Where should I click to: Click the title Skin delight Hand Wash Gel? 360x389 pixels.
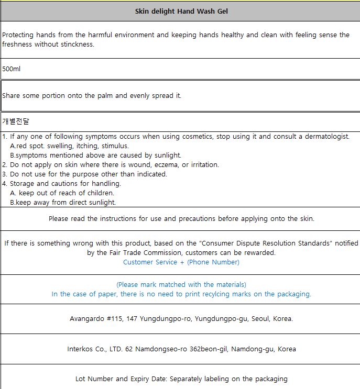[181, 11]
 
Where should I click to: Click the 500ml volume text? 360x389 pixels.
[11, 69]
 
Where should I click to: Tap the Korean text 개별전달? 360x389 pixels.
[16, 121]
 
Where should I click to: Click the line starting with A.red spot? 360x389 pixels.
[69, 146]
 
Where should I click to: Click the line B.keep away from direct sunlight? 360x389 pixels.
[63, 203]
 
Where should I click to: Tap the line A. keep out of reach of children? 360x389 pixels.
[62, 193]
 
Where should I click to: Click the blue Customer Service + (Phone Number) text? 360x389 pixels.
[181, 262]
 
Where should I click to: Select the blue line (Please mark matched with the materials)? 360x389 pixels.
[181, 285]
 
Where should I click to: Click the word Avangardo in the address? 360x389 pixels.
[87, 318]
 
